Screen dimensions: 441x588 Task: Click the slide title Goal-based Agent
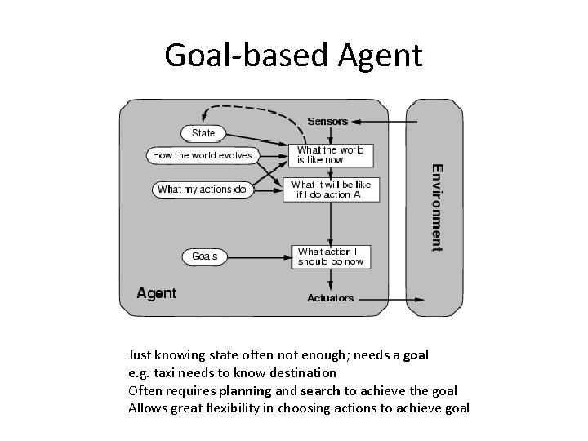293,55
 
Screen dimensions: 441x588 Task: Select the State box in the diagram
203,133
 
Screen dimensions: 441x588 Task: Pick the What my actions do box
202,189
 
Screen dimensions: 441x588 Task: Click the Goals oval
205,256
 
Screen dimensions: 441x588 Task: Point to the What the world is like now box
331,154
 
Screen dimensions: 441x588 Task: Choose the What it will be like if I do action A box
331,189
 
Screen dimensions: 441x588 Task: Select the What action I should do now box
331,256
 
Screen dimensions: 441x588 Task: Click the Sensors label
327,122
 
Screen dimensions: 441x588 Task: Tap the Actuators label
330,298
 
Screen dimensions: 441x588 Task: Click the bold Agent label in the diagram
156,293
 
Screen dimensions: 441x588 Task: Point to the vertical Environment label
438,206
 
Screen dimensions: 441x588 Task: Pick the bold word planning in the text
244,390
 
